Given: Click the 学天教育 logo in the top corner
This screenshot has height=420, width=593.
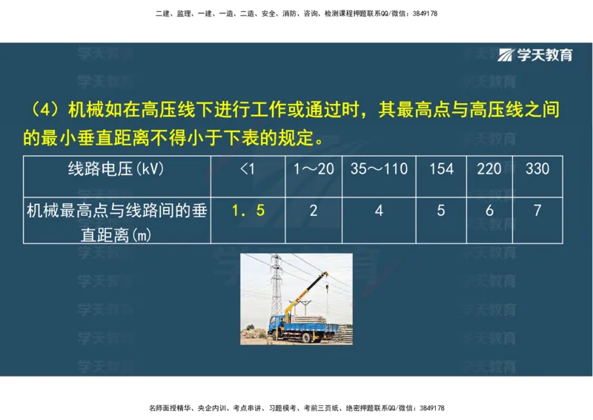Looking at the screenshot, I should coord(535,55).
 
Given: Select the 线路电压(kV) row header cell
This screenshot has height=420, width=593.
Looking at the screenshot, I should coord(116,168).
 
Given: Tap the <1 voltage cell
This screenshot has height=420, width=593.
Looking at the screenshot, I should coord(248,168).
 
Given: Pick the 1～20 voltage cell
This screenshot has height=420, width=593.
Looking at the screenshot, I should coord(314,168).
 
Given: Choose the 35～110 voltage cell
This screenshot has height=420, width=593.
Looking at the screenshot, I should coord(379,168).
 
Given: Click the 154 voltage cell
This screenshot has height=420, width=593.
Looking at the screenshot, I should coord(441,168).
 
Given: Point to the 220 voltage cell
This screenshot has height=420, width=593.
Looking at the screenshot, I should coord(489,168).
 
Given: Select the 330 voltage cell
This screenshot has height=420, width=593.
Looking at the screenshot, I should coord(537,168).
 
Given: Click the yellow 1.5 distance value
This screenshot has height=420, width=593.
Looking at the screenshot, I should coord(248,211).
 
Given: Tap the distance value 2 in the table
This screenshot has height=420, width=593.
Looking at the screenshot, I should coord(314,211).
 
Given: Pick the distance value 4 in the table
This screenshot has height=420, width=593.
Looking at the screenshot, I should coord(379,211).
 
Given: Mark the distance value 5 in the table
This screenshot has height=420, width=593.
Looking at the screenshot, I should coord(441,211).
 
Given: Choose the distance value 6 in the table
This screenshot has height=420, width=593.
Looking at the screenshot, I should coord(489,211).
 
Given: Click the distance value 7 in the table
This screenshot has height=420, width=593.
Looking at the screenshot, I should coord(537,211).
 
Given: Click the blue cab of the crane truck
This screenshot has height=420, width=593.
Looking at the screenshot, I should coord(276,322).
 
